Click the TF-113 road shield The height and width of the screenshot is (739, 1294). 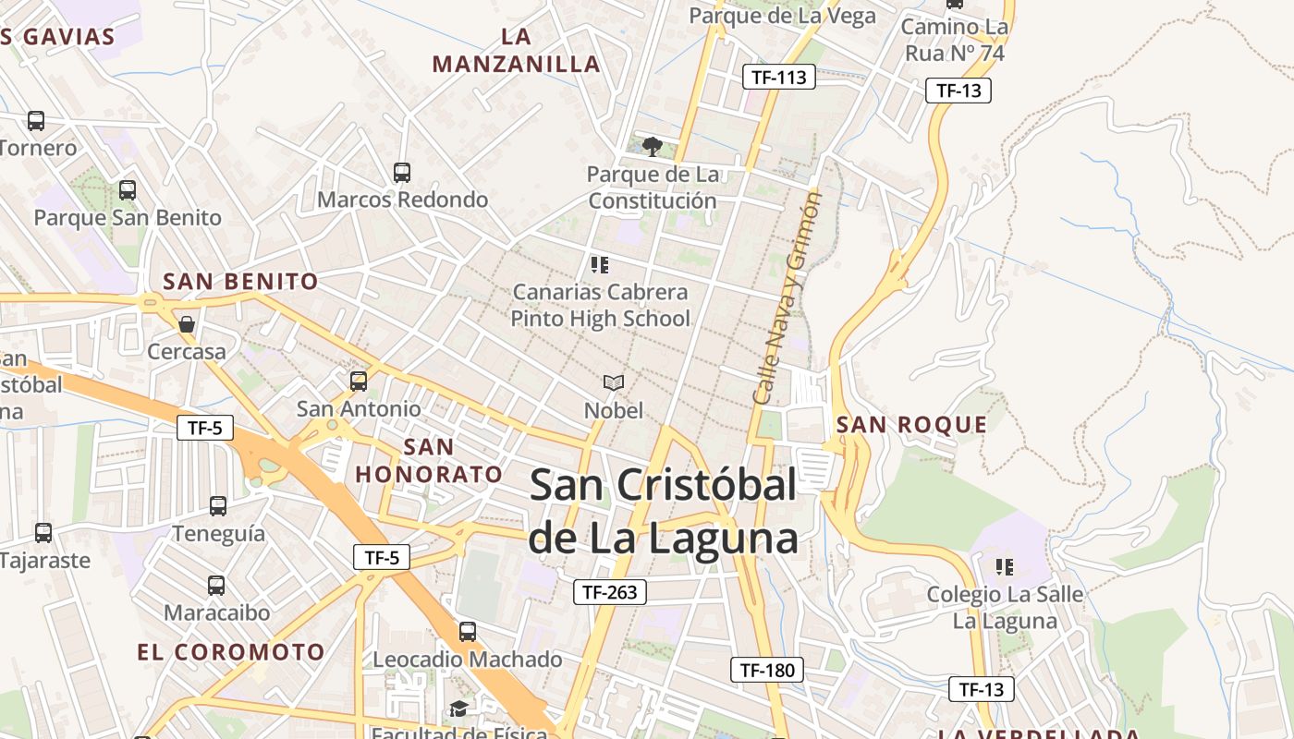(x=778, y=77)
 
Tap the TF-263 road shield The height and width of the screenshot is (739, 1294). (x=609, y=592)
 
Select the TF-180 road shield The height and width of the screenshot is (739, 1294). (x=766, y=670)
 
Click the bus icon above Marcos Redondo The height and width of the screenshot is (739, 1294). (x=401, y=172)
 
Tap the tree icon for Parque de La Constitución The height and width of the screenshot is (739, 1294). (x=652, y=146)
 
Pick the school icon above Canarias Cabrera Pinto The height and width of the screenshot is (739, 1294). (x=600, y=265)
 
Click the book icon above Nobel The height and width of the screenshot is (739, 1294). (x=613, y=382)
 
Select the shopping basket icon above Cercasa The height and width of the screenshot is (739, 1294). (x=187, y=324)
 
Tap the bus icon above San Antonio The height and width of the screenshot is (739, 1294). (x=358, y=381)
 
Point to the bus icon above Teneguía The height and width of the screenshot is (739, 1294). (x=218, y=506)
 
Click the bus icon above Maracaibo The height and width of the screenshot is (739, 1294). (x=216, y=586)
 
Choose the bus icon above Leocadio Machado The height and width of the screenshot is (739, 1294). (x=468, y=632)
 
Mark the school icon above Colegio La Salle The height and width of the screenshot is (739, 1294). (x=1005, y=566)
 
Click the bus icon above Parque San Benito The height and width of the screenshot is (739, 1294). (x=128, y=190)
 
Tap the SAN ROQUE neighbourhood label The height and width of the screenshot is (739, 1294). (x=911, y=425)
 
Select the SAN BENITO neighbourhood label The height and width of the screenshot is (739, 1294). (x=240, y=282)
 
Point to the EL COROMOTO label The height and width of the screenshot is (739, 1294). (x=231, y=652)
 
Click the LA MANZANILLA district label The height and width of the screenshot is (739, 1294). (x=516, y=51)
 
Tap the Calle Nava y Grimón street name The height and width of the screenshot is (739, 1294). (x=787, y=297)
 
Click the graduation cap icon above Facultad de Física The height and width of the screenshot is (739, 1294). (x=458, y=709)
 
